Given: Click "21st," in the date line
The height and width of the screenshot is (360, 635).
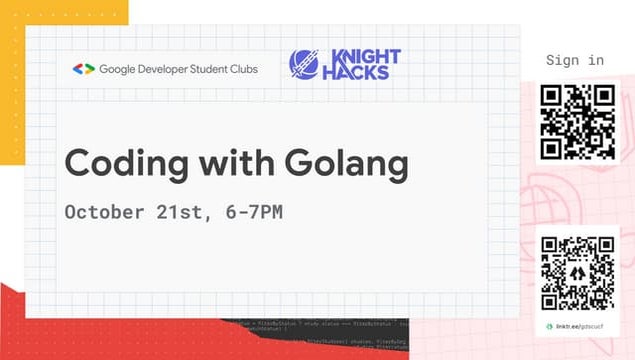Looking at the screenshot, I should (x=183, y=212).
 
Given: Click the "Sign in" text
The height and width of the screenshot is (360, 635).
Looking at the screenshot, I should (x=575, y=60).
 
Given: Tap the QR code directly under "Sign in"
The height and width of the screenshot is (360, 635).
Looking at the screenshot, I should (x=577, y=122).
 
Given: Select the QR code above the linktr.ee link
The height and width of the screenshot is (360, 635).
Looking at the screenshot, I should (x=577, y=273).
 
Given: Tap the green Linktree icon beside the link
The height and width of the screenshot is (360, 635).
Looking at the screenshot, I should (x=549, y=327).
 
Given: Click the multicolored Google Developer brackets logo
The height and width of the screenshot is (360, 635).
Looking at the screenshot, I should (x=83, y=69).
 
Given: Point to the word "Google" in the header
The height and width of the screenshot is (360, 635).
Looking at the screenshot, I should (x=120, y=69).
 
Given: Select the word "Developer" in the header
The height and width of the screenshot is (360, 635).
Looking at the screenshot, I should (x=170, y=69).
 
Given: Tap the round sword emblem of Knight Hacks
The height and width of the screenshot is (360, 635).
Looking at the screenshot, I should (x=304, y=63).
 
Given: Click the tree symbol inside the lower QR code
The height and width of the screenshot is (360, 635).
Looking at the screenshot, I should (x=577, y=273).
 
